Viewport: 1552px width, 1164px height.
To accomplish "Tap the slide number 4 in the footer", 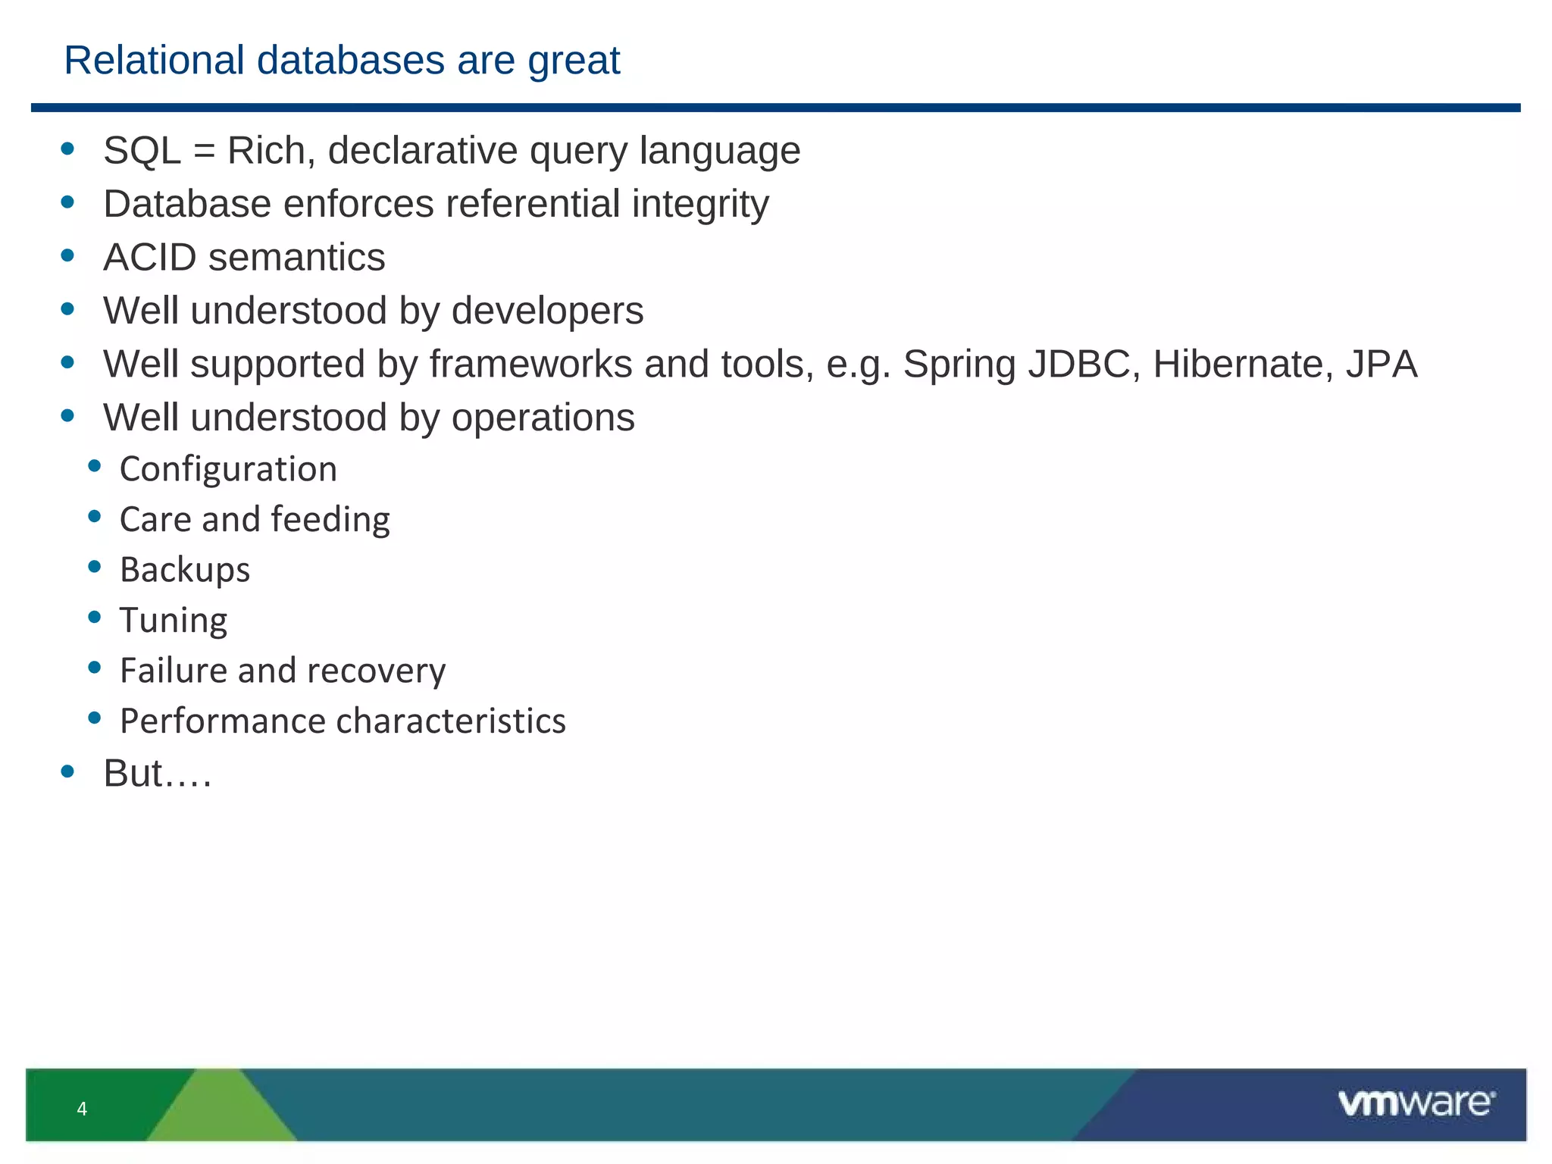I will (x=82, y=1109).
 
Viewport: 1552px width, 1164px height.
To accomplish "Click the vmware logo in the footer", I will (x=1416, y=1103).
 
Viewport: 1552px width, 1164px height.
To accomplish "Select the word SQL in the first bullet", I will (x=142, y=150).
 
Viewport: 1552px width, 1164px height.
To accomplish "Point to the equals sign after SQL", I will (x=204, y=151).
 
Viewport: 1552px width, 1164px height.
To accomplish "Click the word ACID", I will (x=149, y=258).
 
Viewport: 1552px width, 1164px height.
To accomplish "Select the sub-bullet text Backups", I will (x=184, y=570).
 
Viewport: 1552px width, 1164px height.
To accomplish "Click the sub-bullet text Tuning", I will (x=173, y=621).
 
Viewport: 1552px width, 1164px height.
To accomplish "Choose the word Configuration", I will (x=228, y=469).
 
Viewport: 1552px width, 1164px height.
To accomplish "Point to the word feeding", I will (x=330, y=520).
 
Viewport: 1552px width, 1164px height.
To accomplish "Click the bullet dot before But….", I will (x=67, y=772).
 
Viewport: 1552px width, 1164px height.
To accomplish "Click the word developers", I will (x=547, y=311).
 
